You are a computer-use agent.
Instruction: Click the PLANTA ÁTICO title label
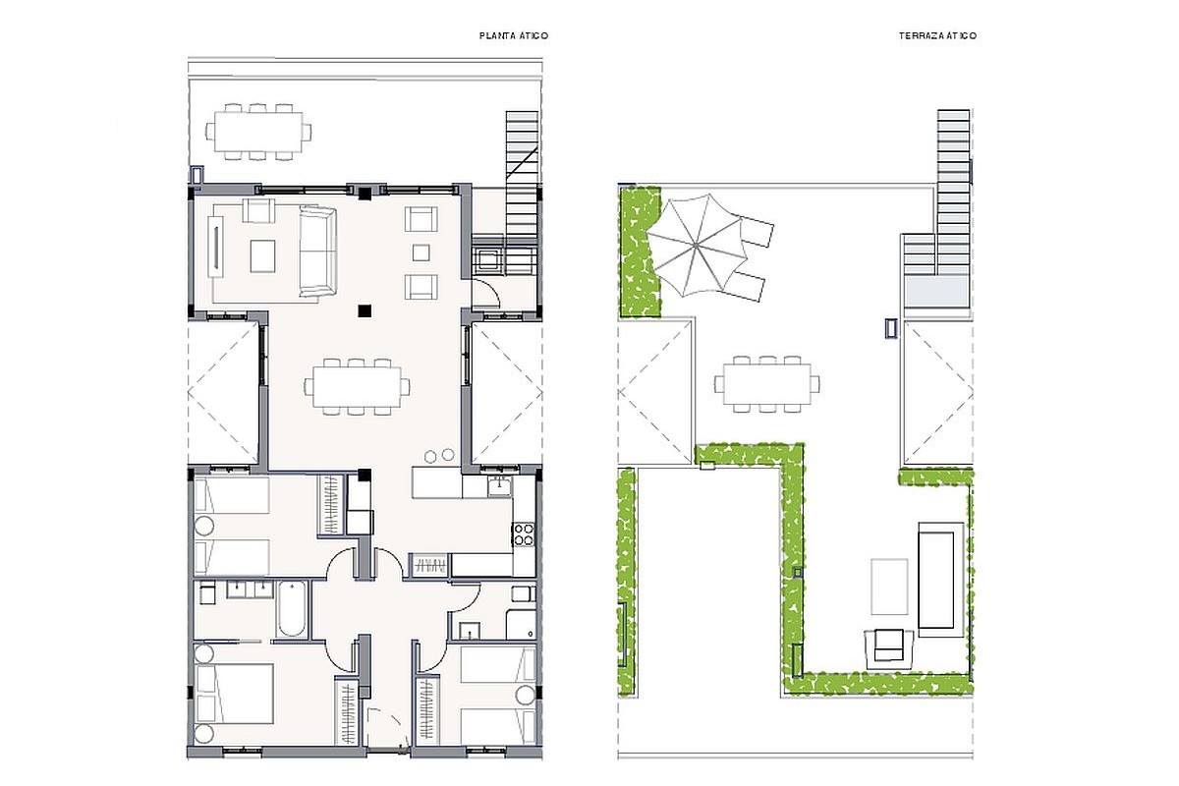click(514, 35)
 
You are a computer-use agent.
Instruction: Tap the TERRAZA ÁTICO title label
click(938, 35)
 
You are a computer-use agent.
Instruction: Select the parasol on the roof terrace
click(697, 246)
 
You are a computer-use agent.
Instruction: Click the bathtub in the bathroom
click(292, 608)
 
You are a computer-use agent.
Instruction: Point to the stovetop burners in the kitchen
click(524, 533)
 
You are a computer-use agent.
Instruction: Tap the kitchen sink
click(499, 485)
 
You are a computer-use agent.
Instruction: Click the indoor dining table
click(357, 387)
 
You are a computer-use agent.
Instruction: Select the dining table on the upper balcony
click(258, 131)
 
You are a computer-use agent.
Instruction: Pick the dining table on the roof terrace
click(767, 384)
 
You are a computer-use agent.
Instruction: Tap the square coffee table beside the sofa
click(262, 255)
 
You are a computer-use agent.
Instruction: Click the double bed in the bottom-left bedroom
click(234, 694)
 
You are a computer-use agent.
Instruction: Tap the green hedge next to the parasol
click(641, 252)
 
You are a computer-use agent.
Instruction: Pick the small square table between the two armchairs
click(421, 253)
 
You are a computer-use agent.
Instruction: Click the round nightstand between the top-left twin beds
click(204, 526)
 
